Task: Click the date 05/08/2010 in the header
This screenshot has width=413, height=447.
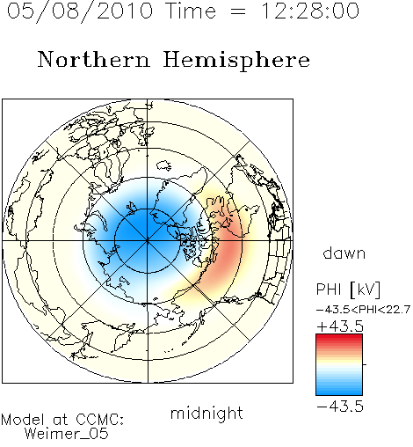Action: pyautogui.click(x=80, y=11)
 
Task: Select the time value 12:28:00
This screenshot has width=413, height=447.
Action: pyautogui.click(x=309, y=11)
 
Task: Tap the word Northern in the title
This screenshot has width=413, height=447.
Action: pyautogui.click(x=94, y=60)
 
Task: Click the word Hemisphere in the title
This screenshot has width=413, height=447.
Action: pyautogui.click(x=236, y=61)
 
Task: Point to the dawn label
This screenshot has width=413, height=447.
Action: pyautogui.click(x=344, y=253)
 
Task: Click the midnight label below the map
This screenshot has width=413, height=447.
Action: pyautogui.click(x=206, y=414)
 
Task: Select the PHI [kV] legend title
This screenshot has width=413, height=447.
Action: pyautogui.click(x=348, y=289)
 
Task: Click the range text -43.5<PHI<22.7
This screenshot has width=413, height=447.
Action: pyautogui.click(x=363, y=310)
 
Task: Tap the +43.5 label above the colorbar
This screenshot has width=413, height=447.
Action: pyautogui.click(x=340, y=326)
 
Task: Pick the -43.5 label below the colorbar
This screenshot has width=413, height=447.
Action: pyautogui.click(x=340, y=407)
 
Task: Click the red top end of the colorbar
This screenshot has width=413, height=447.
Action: pyautogui.click(x=339, y=337)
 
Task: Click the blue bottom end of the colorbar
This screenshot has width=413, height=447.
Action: pyautogui.click(x=339, y=392)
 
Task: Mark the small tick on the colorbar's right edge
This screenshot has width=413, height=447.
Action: pyautogui.click(x=365, y=364)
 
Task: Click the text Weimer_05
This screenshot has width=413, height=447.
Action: pyautogui.click(x=67, y=434)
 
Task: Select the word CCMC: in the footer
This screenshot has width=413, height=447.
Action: pyautogui.click(x=100, y=420)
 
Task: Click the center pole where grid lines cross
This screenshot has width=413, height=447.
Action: pyautogui.click(x=148, y=241)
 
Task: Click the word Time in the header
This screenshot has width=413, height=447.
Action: pyautogui.click(x=191, y=11)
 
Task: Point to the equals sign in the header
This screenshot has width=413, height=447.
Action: pyautogui.click(x=238, y=11)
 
